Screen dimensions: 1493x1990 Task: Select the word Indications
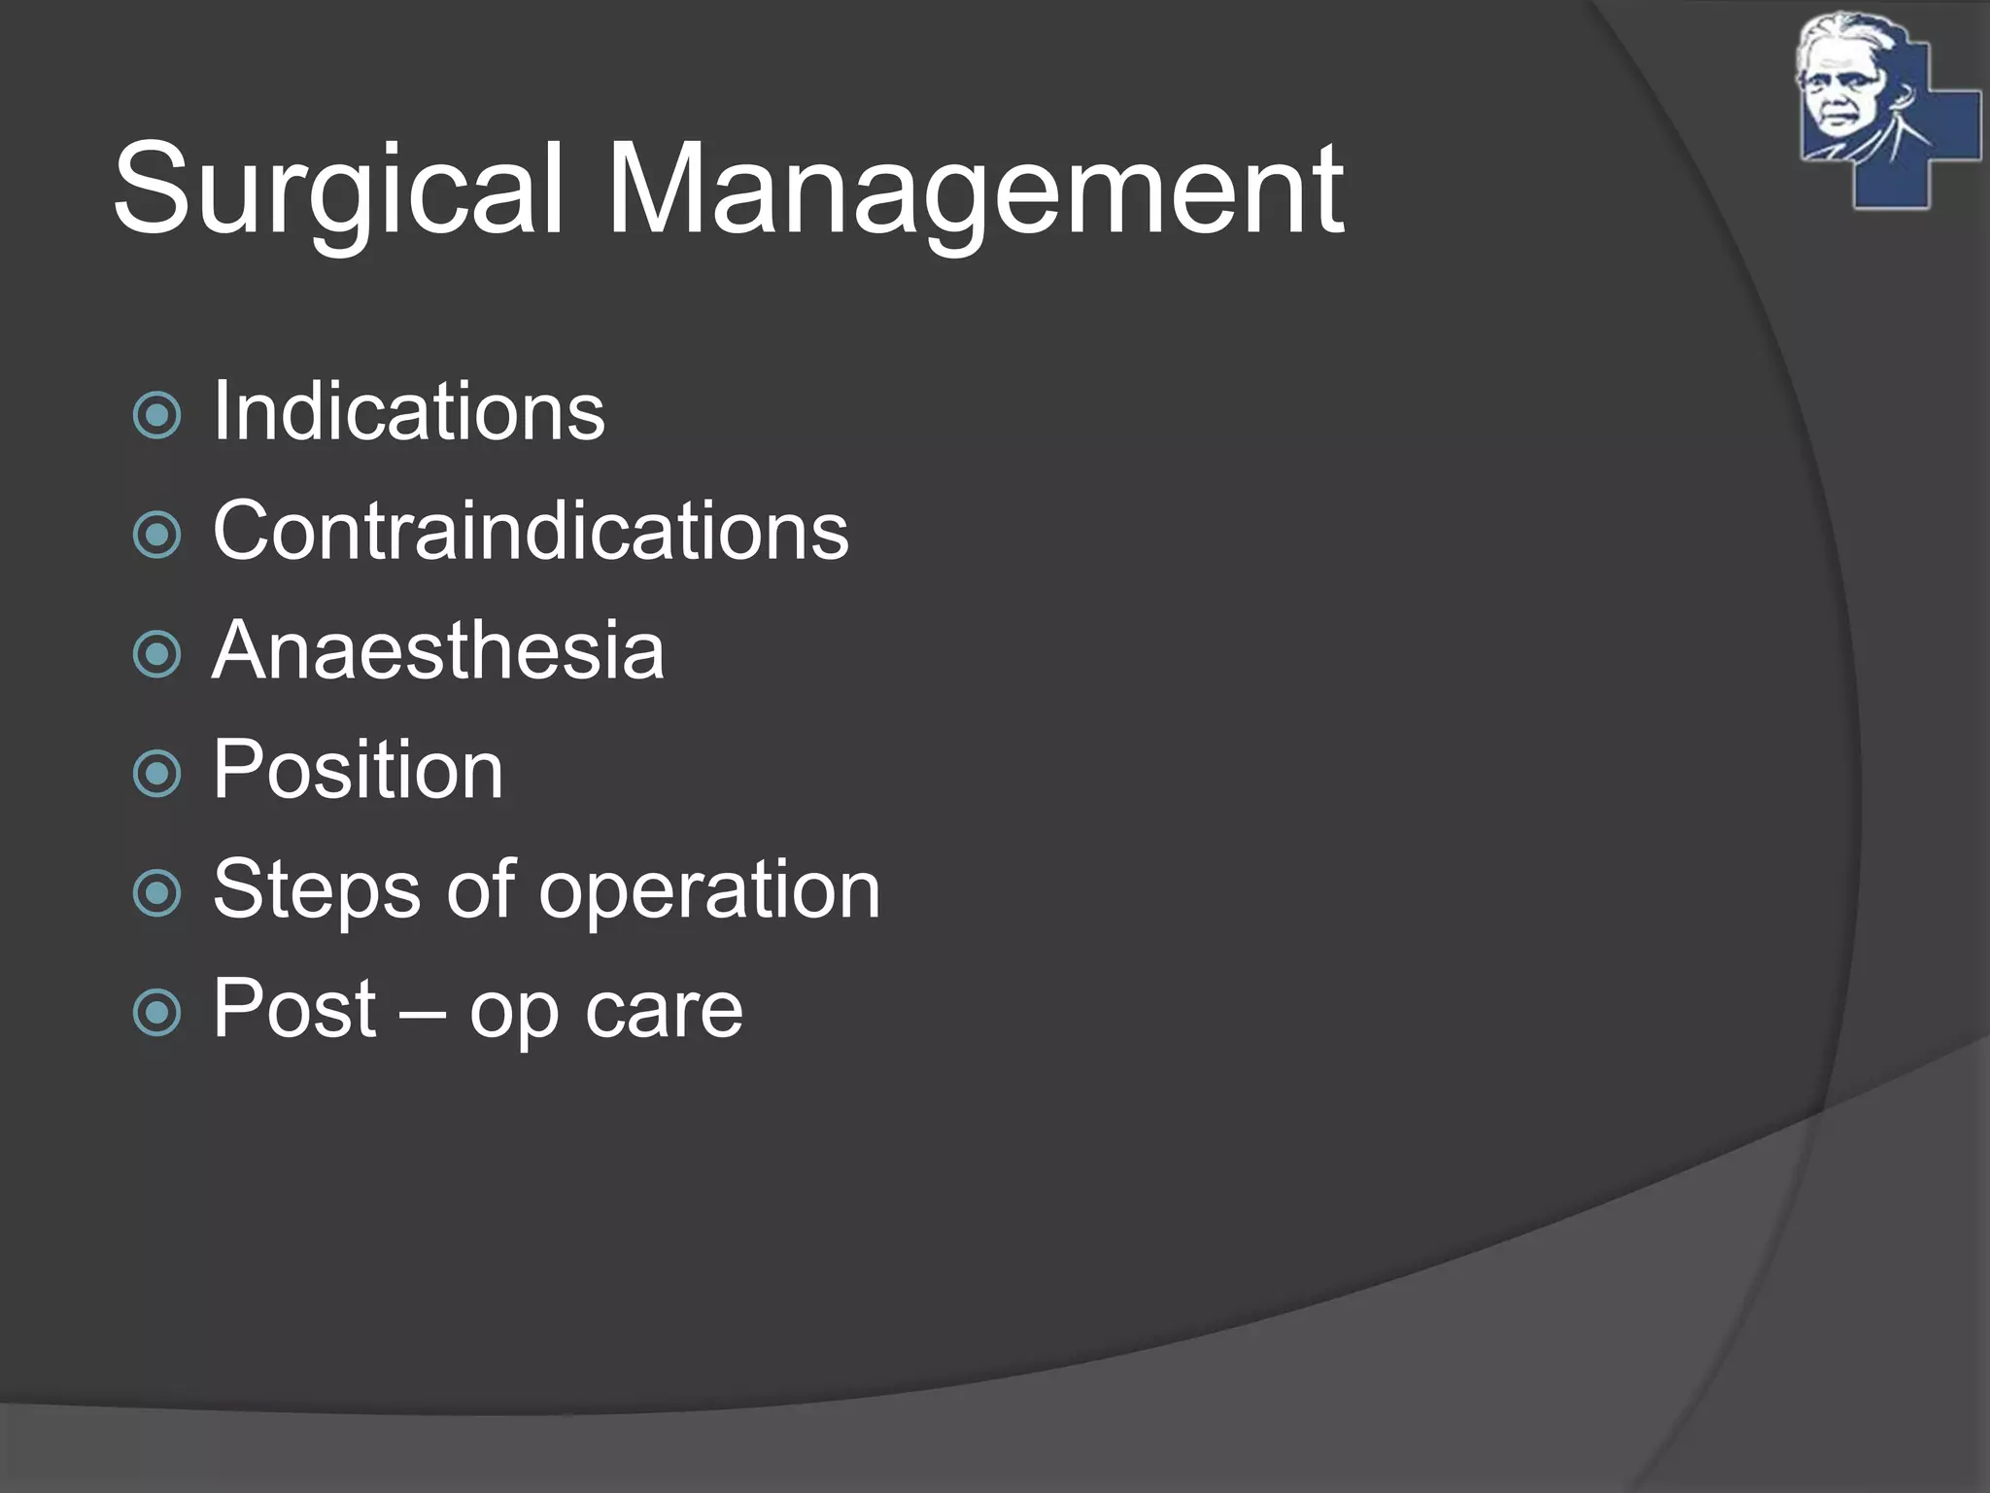point(409,412)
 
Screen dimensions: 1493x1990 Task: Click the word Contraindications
point(531,531)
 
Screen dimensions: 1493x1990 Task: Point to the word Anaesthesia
point(438,650)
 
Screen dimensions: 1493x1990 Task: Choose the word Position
point(358,770)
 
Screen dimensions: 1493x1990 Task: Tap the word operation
point(709,889)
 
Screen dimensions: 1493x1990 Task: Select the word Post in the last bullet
point(294,1009)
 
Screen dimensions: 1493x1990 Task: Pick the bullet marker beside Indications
point(156,416)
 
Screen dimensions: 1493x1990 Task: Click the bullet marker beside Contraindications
point(156,535)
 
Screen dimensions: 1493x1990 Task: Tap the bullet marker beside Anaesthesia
point(156,654)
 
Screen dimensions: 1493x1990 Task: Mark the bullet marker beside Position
point(156,774)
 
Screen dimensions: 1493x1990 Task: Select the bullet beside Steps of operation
point(156,893)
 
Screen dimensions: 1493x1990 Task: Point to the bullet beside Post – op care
point(156,1013)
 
